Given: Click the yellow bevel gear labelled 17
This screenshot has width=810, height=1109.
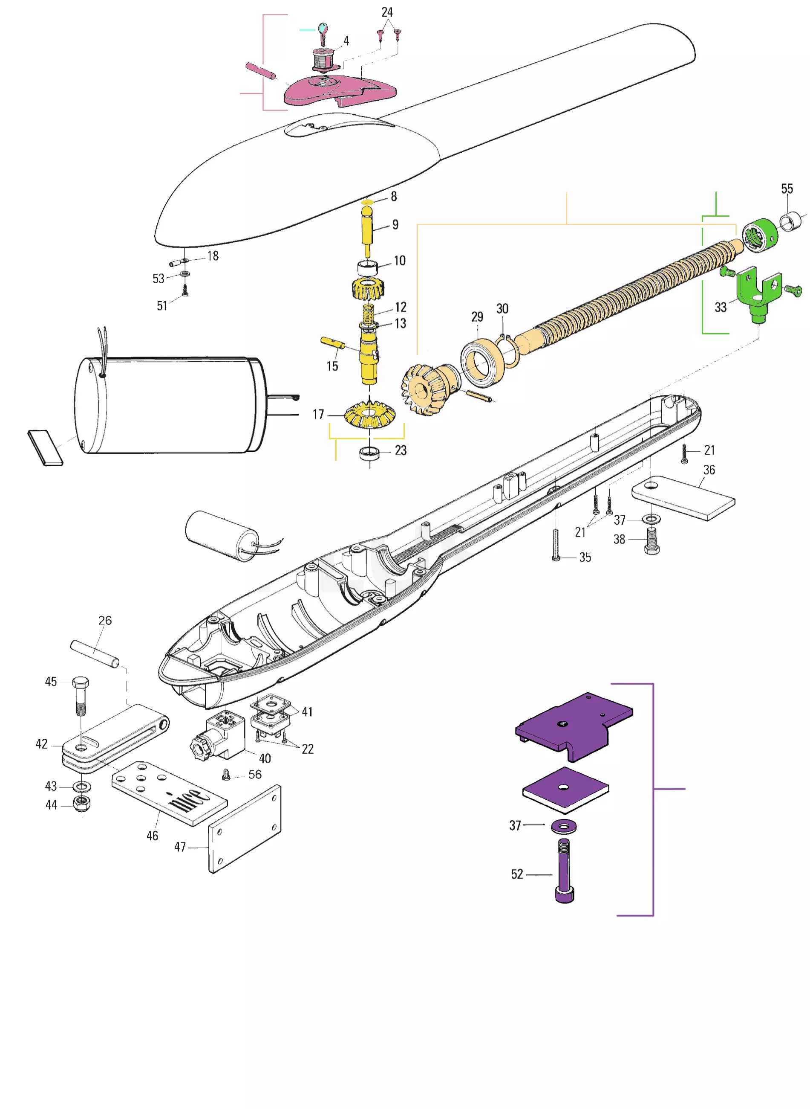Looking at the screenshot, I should (370, 415).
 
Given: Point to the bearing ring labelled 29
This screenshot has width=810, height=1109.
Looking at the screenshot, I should (482, 362).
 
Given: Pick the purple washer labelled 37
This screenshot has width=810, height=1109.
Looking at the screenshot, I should (564, 827).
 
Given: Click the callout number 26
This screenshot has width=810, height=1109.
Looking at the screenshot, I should (105, 620).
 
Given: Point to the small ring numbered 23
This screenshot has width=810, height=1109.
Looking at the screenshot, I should (369, 453).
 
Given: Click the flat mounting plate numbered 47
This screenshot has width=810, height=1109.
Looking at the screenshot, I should (245, 829).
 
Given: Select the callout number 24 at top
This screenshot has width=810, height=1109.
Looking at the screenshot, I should (387, 12).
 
